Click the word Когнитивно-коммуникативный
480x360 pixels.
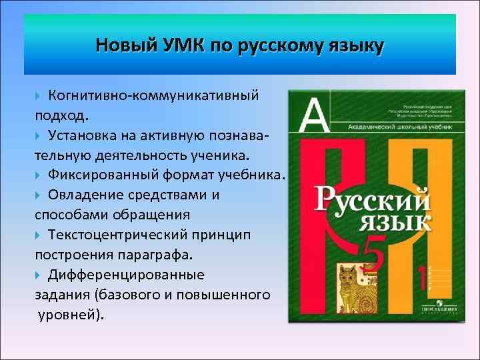coord(153,96)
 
